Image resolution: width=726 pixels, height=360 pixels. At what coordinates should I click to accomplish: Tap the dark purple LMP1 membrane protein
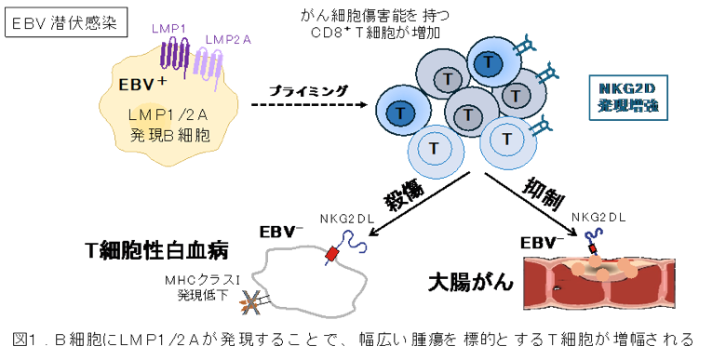click(177, 57)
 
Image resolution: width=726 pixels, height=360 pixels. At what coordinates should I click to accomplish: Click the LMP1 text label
click(168, 29)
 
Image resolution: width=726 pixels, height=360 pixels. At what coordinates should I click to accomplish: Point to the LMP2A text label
click(228, 39)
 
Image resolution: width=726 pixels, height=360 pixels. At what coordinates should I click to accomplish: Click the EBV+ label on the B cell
click(142, 85)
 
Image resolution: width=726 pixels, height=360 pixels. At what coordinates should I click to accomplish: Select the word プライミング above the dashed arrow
click(307, 90)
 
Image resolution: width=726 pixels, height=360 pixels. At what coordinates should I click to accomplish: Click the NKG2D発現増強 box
click(628, 98)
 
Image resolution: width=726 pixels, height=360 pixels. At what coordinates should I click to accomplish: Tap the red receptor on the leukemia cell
click(332, 255)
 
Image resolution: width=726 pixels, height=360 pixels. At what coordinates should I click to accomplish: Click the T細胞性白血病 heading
click(157, 253)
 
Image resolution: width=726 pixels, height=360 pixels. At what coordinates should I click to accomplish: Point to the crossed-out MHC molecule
click(250, 303)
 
